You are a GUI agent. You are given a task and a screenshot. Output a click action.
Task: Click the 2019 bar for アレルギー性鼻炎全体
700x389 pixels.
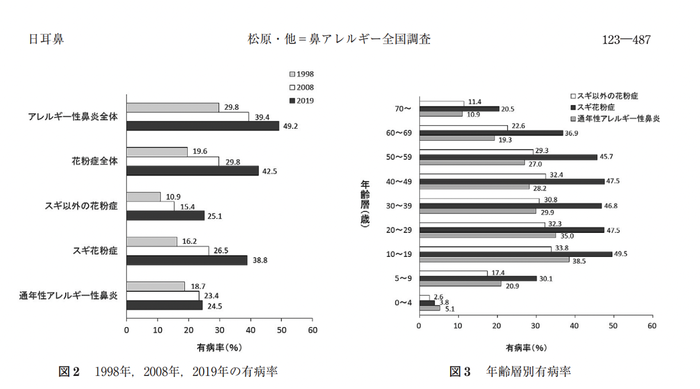coord(202,126)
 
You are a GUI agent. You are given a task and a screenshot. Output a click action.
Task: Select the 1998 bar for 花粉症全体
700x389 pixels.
coord(157,152)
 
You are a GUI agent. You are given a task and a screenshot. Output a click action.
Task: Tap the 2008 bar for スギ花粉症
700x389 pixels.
coord(168,251)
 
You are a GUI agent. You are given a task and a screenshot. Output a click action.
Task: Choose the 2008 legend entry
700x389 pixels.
coord(301,88)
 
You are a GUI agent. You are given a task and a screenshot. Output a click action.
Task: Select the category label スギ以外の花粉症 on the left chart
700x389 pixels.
coord(81,206)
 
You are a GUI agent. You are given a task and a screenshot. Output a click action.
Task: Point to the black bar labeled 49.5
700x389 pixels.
coord(515,254)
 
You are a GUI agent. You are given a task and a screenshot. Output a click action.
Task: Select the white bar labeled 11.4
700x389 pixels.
coord(442,103)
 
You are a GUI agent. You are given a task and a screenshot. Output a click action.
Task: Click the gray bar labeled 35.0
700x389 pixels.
coord(487,235)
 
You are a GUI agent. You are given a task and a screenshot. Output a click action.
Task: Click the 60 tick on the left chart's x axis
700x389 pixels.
coord(312,330)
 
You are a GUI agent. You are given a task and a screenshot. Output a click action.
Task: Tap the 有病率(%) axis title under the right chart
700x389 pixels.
coord(526,347)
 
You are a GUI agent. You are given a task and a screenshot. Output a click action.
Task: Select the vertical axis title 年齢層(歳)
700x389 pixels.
coord(364,205)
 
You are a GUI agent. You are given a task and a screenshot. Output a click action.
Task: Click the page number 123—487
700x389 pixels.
coord(626,41)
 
